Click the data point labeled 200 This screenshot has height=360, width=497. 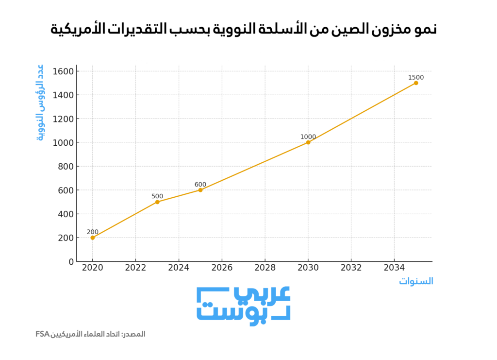[92, 238]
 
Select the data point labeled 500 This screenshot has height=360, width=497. [157, 202]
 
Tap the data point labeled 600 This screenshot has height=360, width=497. [200, 190]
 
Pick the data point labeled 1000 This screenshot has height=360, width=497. [308, 142]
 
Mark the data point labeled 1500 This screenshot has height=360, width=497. [416, 83]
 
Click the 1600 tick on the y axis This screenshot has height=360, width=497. [63, 71]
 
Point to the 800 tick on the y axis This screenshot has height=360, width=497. [65, 167]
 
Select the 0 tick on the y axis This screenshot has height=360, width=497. [71, 261]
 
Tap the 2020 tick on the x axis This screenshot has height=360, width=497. [92, 267]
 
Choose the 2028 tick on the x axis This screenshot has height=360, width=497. [265, 267]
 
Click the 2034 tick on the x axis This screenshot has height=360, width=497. [394, 267]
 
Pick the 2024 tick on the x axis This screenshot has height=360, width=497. [179, 267]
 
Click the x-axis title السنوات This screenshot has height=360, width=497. [416, 281]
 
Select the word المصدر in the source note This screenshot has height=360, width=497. [134, 334]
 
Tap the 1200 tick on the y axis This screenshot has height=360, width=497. [63, 119]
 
